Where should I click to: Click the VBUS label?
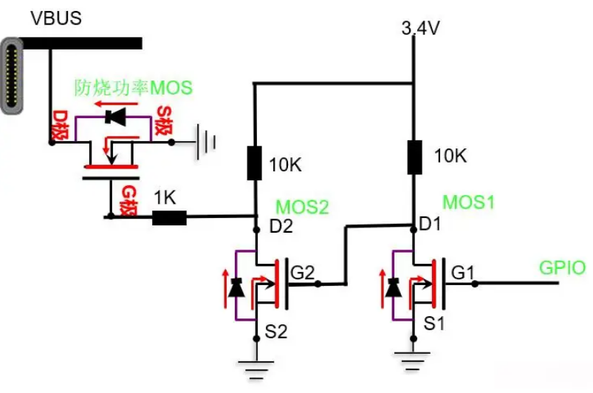pyautogui.click(x=56, y=18)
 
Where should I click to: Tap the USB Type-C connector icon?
pyautogui.click(x=12, y=75)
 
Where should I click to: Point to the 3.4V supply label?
pyautogui.click(x=420, y=28)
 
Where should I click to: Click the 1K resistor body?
pyautogui.click(x=169, y=218)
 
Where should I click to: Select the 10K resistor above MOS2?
pyautogui.click(x=254, y=163)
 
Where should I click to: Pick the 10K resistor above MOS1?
pyautogui.click(x=414, y=157)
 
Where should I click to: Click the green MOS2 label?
pyautogui.click(x=302, y=207)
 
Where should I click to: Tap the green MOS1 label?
pyautogui.click(x=469, y=202)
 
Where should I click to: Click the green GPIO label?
pyautogui.click(x=563, y=268)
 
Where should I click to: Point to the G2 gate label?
pyautogui.click(x=303, y=273)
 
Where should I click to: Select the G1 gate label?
pyautogui.click(x=462, y=273)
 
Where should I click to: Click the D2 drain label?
pyautogui.click(x=281, y=226)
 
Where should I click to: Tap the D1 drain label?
pyautogui.click(x=431, y=225)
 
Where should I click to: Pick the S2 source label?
pyautogui.click(x=276, y=332)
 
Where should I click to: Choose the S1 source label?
pyautogui.click(x=434, y=324)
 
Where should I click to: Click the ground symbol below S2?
pyautogui.click(x=256, y=369)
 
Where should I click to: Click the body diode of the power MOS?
pyautogui.click(x=115, y=117)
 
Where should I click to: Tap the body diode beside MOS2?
pyautogui.click(x=236, y=288)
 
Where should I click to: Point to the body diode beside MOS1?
pyautogui.click(x=393, y=288)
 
